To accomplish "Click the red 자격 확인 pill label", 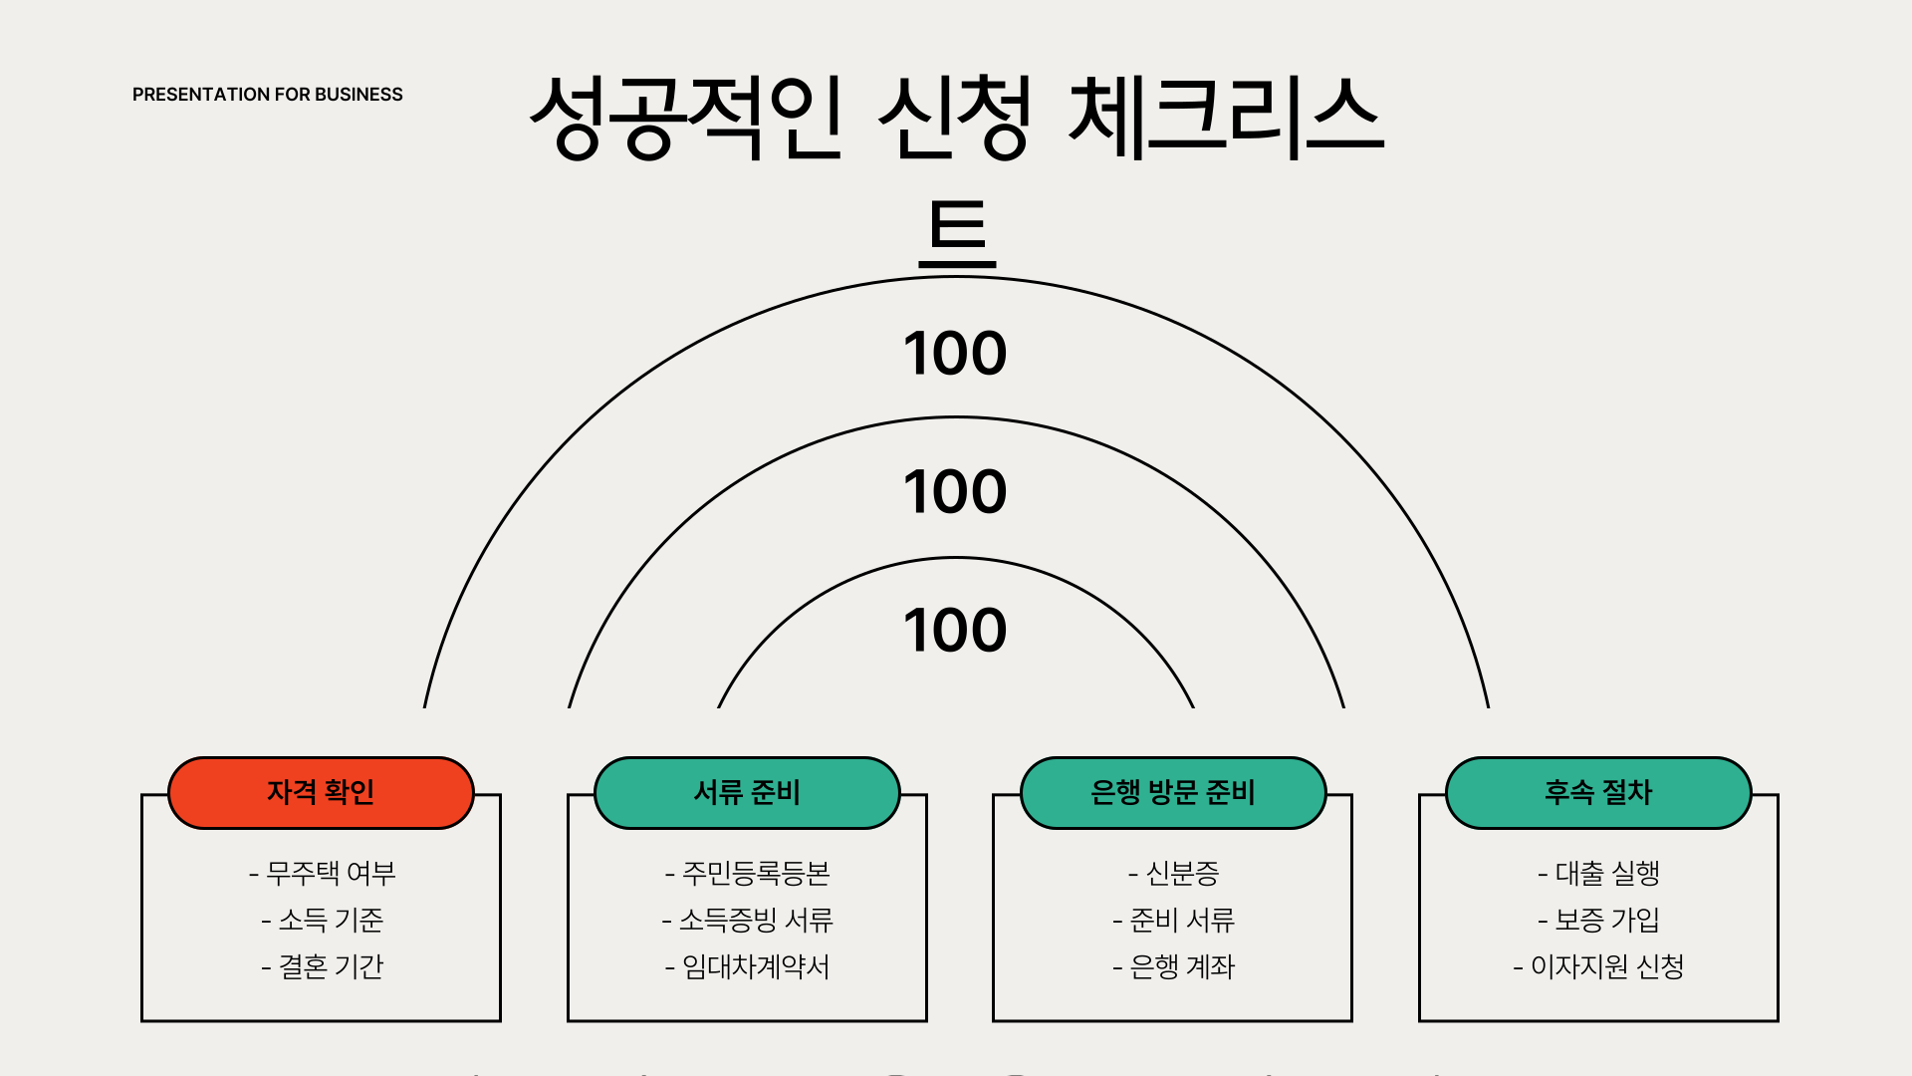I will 321,793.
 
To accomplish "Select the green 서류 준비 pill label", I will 747,793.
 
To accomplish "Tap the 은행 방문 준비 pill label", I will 1173,793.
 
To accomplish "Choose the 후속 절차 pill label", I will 1598,793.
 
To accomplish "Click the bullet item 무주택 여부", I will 323,874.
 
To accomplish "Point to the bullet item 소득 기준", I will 323,921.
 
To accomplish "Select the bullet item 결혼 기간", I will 323,967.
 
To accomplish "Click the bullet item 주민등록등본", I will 748,874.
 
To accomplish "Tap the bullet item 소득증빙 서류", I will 748,921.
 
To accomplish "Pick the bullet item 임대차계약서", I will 748,967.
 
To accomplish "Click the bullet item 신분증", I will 1174,874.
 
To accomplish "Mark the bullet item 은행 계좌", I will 1174,967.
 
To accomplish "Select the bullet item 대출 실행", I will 1599,874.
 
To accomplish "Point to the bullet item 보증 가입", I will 1599,921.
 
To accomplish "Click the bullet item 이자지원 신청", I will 1599,967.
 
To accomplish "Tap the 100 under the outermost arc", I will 955,354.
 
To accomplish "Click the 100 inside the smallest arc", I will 955,631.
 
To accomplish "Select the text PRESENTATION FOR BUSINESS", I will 268,95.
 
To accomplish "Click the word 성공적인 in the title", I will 686,118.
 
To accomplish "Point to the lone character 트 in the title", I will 957,233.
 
